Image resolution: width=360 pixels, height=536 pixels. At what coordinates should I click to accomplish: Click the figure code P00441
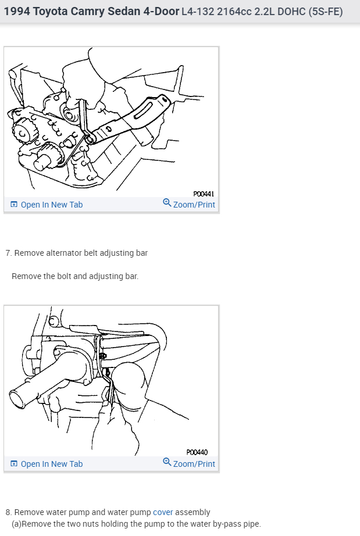[x=204, y=194]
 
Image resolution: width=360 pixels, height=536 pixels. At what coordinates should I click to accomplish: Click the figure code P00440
[x=197, y=452]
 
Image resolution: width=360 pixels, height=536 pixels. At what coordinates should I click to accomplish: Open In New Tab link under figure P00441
[x=51, y=205]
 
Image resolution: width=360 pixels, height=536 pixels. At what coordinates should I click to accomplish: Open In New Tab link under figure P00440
[x=51, y=464]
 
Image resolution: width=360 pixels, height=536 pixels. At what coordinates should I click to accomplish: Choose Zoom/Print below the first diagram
[x=194, y=205]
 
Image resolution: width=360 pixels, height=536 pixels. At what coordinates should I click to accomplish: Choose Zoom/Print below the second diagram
[x=194, y=464]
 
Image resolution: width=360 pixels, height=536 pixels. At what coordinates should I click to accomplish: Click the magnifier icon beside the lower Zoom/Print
[x=167, y=462]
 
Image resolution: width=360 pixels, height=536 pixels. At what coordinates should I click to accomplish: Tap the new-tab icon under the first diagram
[x=14, y=205]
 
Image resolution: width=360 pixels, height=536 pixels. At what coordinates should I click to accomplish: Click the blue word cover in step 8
[x=163, y=512]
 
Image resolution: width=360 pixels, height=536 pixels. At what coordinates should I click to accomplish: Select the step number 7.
[x=8, y=253]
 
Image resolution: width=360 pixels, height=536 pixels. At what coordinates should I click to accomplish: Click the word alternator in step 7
[x=62, y=253]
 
